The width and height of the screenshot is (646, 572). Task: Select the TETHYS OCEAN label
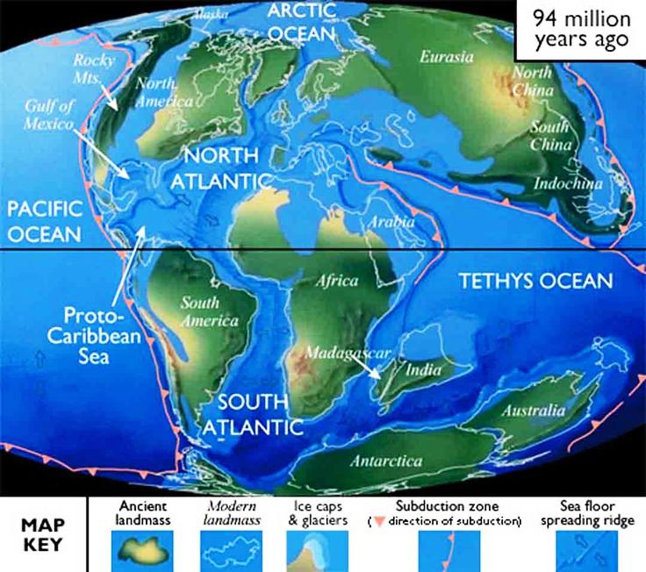(x=535, y=282)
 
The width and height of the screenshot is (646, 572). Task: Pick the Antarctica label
(x=385, y=461)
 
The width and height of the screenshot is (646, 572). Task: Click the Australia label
(x=531, y=411)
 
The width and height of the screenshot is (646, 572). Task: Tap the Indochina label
(x=568, y=183)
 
